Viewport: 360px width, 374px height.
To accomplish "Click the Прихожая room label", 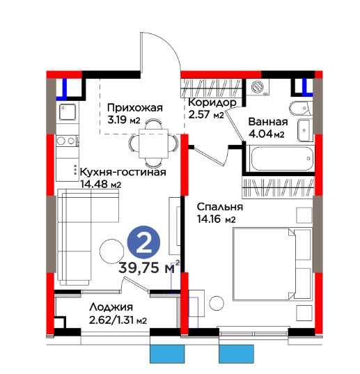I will (x=134, y=107).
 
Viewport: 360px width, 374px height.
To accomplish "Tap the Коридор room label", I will (x=212, y=102).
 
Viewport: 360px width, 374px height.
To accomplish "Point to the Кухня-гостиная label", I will (x=123, y=173).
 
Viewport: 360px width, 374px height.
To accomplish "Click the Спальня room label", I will (x=219, y=208).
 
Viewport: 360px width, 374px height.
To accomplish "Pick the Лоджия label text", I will (x=111, y=306).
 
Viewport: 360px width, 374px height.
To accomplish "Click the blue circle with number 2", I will (x=144, y=243).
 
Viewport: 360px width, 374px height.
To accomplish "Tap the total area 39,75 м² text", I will (x=150, y=267).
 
